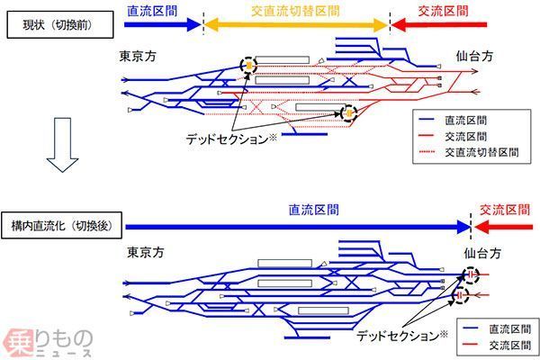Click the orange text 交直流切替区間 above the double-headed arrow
pos(297,10)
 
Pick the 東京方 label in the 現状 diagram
pos(138,56)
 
